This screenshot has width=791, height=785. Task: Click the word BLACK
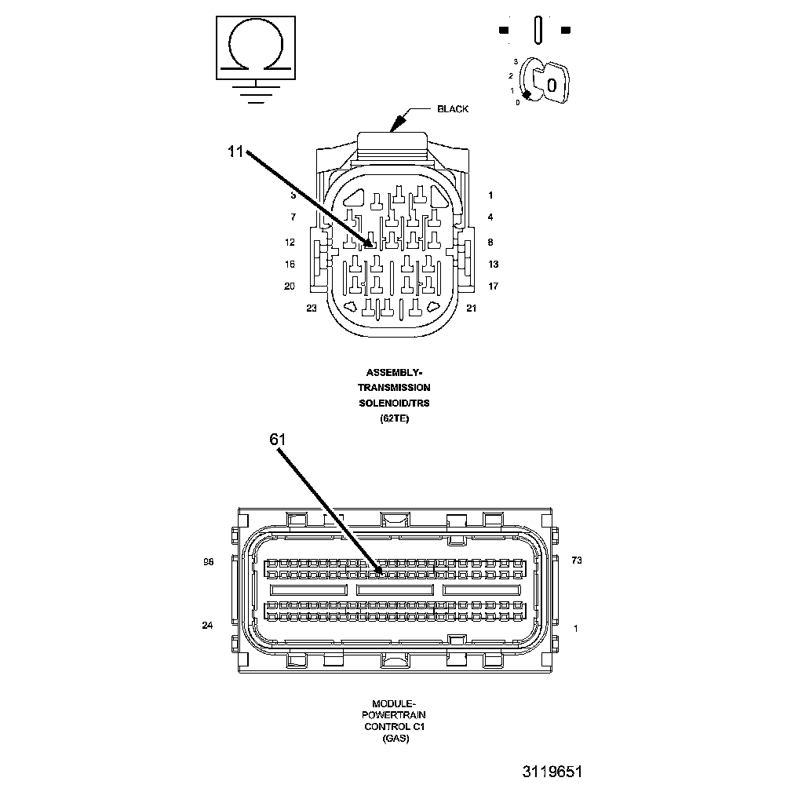point(453,109)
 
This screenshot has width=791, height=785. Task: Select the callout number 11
point(236,152)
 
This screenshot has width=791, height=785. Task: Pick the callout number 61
point(278,440)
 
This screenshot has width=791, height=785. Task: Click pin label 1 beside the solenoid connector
point(490,195)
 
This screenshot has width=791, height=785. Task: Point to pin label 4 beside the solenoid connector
point(490,217)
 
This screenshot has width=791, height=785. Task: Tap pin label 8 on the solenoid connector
point(490,243)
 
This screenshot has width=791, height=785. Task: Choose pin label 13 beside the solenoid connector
point(493,265)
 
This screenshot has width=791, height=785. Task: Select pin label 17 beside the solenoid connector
point(493,287)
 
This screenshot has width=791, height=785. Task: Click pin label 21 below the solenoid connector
point(471,309)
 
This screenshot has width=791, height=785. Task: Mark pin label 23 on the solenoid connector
point(312,309)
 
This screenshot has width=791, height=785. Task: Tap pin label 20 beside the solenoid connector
point(290,287)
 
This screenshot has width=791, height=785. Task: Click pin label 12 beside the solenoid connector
point(290,243)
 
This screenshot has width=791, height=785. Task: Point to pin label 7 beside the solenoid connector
point(293,217)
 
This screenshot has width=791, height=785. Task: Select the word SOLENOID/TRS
point(394,403)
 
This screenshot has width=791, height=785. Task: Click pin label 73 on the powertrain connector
point(577,560)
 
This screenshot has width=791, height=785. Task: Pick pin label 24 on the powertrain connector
point(207,626)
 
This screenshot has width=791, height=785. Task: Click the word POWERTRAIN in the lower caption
point(394,716)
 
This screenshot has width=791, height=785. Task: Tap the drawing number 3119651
point(552,772)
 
